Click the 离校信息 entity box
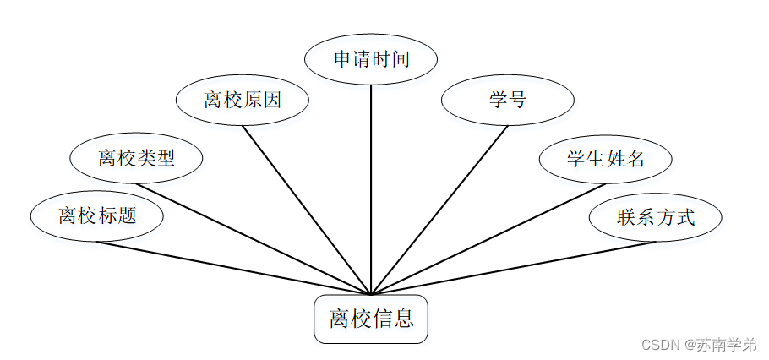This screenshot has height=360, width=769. [371, 319]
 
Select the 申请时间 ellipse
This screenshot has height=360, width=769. [371, 59]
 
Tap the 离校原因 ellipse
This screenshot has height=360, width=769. [243, 101]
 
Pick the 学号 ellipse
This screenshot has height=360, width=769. [508, 101]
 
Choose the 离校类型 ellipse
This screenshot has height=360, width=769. [136, 158]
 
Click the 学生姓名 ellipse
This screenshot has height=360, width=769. [606, 158]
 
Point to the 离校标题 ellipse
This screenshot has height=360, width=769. [97, 215]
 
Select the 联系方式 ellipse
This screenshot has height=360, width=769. [656, 217]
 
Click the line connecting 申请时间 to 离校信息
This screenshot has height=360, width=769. [371, 186]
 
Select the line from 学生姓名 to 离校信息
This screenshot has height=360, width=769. [488, 238]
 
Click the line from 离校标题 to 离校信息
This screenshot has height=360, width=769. [233, 268]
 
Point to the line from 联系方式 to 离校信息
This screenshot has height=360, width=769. [514, 268]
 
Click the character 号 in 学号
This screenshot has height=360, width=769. [517, 101]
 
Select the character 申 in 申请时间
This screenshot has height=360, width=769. [342, 59]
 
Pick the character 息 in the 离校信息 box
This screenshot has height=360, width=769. [403, 319]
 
